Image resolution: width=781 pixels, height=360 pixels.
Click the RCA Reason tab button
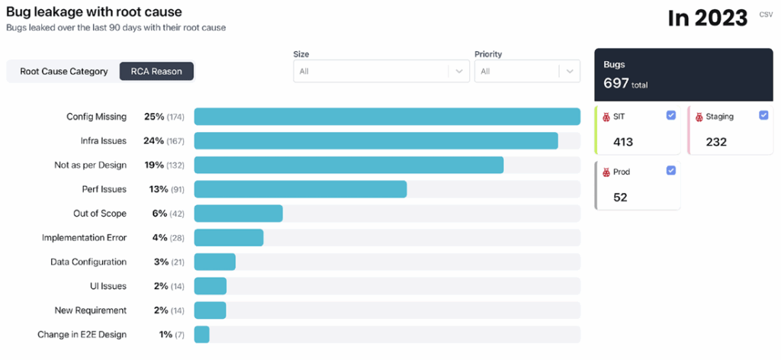coord(156,72)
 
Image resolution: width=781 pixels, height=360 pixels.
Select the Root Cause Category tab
coord(63,72)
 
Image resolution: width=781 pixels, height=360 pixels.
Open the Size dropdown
coord(381,71)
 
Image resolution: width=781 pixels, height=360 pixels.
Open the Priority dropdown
coord(527,71)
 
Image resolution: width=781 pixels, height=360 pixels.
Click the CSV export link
coord(765,14)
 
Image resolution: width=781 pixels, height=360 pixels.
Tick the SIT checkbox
coord(670,115)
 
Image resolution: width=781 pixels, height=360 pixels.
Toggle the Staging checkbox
coord(764,115)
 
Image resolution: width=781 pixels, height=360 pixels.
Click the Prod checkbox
coord(670,170)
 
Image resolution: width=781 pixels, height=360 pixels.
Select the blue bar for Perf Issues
coord(301,189)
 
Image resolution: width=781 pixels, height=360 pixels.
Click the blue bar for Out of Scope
coord(239,214)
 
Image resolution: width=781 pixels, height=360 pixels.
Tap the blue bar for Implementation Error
coord(229,238)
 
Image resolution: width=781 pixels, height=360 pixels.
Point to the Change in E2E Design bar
coord(202,335)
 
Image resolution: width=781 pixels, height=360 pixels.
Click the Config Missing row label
coord(96,117)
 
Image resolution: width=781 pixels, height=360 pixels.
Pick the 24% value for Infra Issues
coord(153,141)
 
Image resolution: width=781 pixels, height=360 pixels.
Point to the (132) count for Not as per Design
coord(176,166)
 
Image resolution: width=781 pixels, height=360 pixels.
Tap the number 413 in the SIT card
coord(623,142)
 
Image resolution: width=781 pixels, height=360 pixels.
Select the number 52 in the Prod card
coord(620,197)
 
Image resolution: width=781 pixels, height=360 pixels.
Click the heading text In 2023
coord(707,18)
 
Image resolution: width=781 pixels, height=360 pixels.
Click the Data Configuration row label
coord(88,262)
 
